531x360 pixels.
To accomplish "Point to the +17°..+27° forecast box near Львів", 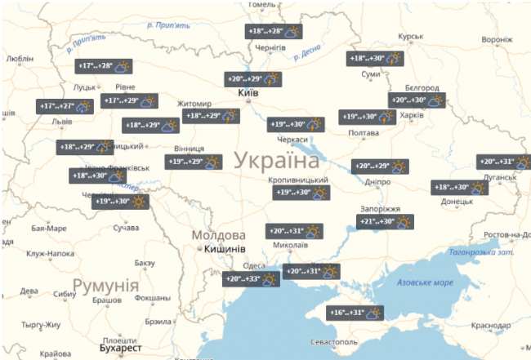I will click(66, 106).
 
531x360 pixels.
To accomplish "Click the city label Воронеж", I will click(497, 39).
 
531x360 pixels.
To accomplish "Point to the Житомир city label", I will click(194, 104).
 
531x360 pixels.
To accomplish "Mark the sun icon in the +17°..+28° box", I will click(124, 66).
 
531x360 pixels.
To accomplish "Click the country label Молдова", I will click(218, 235).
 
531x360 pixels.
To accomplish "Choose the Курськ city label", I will click(410, 37).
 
